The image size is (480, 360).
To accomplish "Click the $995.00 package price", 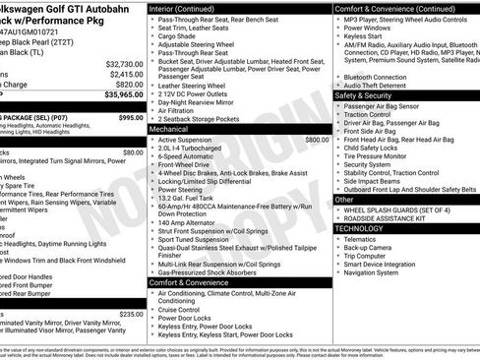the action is point(130,117).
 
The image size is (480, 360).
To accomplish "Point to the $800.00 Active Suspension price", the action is point(317,141).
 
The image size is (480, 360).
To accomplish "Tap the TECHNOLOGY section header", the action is point(360,228).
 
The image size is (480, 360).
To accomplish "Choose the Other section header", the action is point(344,199).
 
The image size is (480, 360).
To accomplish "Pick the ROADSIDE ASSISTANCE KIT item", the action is point(387,218).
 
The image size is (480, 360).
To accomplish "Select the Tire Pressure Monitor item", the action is point(380,154).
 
